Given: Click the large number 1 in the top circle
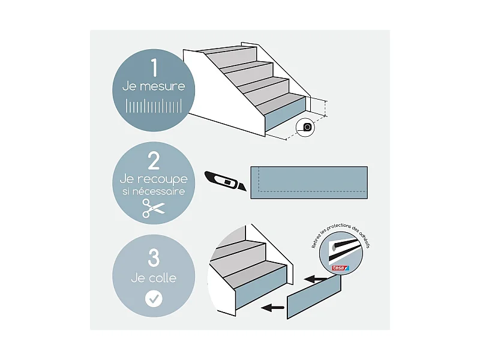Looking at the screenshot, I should pos(154,68).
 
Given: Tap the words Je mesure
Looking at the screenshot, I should pos(154,86).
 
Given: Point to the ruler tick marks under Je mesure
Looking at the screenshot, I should pos(154,107).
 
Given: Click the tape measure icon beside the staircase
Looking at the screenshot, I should pos(308,127).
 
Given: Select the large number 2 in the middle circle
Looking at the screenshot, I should pos(154,161).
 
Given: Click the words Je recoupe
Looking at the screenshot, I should pos(154,179).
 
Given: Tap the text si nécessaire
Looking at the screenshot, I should pos(154,192).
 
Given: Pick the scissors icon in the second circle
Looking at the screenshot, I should pos(154,209).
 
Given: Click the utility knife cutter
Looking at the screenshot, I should pos(227,180).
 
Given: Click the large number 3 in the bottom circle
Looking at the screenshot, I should pos(154,259).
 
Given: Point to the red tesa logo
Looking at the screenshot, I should pos(340,269).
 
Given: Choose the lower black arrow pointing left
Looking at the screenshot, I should pos(273,308).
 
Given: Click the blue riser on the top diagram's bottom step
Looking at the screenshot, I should pos(285,118).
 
